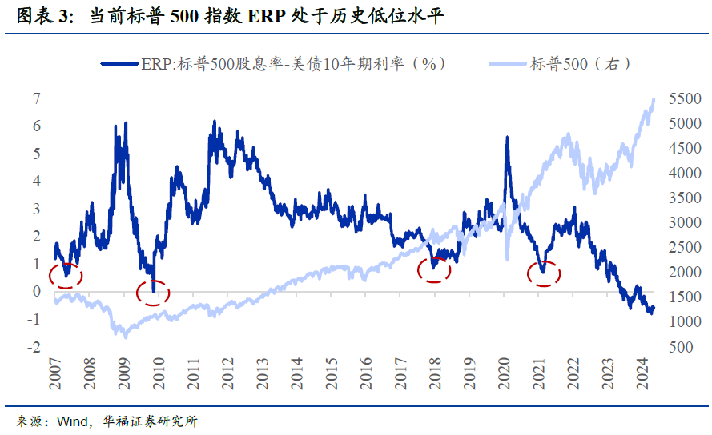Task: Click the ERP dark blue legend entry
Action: pos(272,64)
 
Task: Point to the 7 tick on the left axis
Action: pos(36,98)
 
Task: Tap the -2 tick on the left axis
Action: pos(34,348)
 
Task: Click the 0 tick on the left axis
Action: pos(36,292)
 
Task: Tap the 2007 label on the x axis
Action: pos(55,373)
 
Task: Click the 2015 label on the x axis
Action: pos(332,373)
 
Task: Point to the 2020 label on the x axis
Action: pos(505,373)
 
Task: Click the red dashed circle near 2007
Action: pos(65,275)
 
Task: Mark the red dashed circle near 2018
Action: pos(435,269)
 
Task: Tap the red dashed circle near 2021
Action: pos(544,273)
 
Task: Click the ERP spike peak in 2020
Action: pos(507,138)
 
